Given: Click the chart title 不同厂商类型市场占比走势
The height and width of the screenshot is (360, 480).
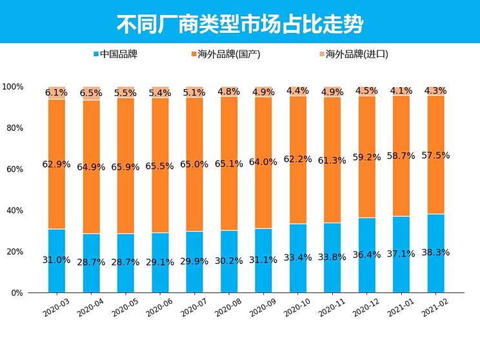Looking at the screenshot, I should tap(239, 24).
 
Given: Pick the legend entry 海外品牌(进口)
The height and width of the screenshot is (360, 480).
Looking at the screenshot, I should tap(352, 54).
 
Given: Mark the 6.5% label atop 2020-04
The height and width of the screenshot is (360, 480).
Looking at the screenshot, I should tap(91, 93).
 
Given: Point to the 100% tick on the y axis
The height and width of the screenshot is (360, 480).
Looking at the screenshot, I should tap(13, 86).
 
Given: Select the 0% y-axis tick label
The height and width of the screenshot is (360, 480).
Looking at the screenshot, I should tap(17, 293).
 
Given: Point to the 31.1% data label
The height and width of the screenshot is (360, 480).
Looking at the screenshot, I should tap(264, 260).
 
